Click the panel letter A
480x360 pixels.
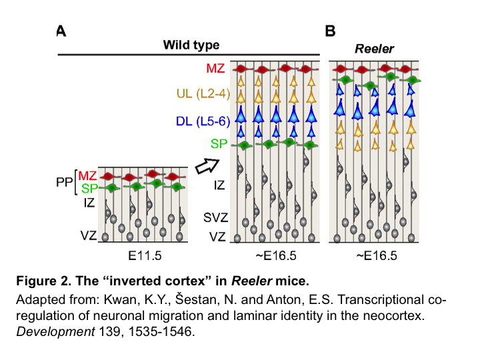[x=61, y=31]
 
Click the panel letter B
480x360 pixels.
[x=330, y=31]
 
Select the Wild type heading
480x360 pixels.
[x=191, y=45]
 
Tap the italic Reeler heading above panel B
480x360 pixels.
[x=373, y=49]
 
